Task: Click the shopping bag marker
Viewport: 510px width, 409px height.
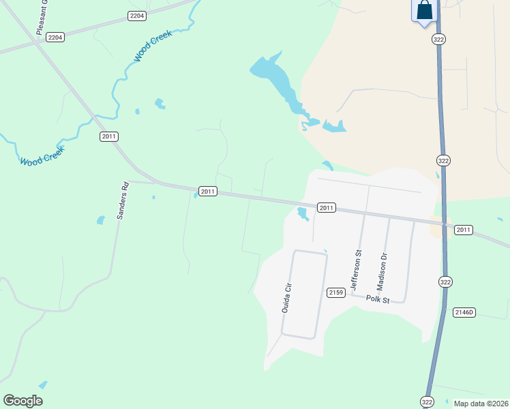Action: (x=424, y=11)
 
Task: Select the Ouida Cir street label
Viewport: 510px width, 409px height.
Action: (x=287, y=297)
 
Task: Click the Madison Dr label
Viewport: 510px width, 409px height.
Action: (x=383, y=270)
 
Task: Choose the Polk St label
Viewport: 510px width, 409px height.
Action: (x=377, y=299)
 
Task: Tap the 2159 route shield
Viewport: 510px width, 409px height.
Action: (x=335, y=292)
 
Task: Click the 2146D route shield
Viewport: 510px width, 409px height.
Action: (x=464, y=312)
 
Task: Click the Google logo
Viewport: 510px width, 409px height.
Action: (x=23, y=401)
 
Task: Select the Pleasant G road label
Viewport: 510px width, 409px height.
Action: (x=42, y=18)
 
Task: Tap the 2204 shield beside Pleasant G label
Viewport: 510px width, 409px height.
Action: (x=55, y=37)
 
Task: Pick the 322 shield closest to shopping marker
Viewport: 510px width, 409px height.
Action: (x=440, y=40)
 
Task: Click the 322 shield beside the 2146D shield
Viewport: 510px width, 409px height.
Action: (x=445, y=282)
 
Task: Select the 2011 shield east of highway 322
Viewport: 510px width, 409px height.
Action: (x=464, y=230)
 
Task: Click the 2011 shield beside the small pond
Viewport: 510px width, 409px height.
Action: (x=326, y=207)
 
